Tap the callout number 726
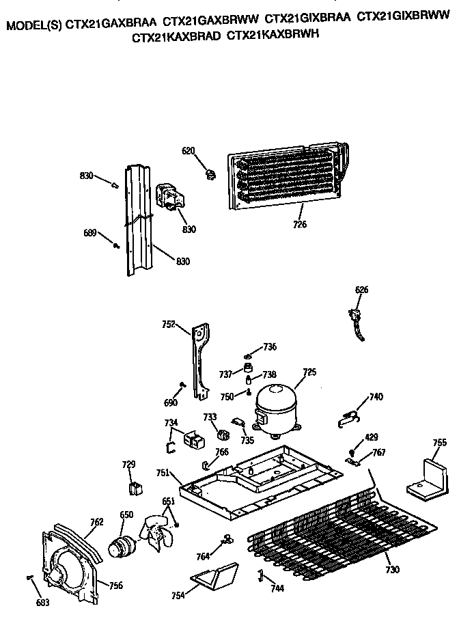[x=300, y=224]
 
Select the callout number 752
[x=169, y=325]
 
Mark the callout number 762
[x=96, y=522]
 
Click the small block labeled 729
[x=134, y=488]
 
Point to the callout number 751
[x=163, y=472]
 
